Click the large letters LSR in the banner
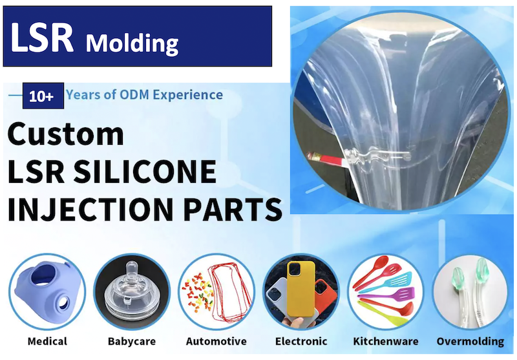[43, 39]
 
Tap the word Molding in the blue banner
[132, 43]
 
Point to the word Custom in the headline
[66, 134]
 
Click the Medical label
[47, 341]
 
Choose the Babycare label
[132, 341]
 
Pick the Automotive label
[216, 341]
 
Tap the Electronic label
[301, 341]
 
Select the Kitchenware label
[385, 341]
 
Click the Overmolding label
[470, 341]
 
